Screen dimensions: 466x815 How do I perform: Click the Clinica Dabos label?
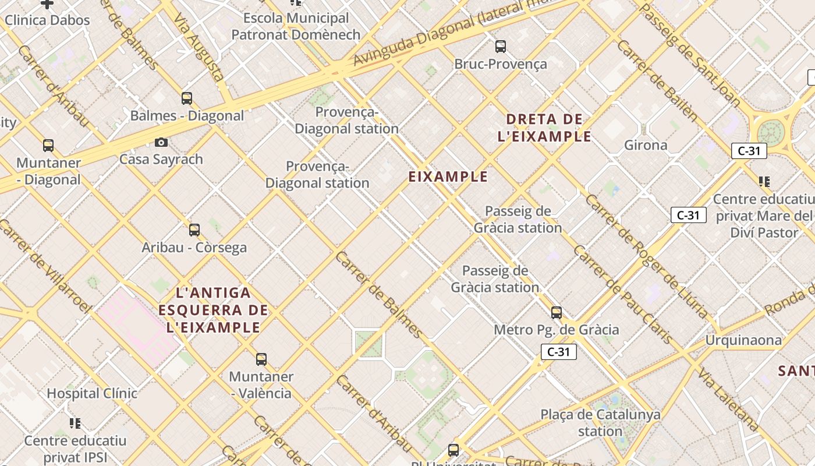tap(47, 20)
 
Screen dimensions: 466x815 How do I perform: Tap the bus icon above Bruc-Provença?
tap(500, 47)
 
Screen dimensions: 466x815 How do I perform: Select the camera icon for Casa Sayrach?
tap(161, 142)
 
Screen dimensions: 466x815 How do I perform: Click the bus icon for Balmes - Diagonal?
tap(187, 98)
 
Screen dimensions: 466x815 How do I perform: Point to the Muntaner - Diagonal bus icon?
tap(48, 145)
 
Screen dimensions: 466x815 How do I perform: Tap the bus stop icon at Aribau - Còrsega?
tap(194, 230)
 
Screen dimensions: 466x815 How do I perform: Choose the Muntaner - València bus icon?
tap(261, 359)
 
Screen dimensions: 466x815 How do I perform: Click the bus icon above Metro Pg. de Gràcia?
tap(557, 313)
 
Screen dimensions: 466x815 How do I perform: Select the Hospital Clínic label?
tap(92, 393)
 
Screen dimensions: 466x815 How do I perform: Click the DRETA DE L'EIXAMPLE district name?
tap(545, 128)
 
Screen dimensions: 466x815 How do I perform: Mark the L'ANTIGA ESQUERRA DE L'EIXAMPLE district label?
tap(213, 310)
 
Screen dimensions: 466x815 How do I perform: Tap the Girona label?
tap(646, 145)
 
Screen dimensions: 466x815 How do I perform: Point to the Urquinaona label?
tap(743, 340)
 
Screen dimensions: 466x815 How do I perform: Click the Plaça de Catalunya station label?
tap(600, 423)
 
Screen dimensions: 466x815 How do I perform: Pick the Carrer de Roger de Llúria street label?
tap(646, 256)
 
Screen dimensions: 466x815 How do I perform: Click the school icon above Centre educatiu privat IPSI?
tap(75, 423)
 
